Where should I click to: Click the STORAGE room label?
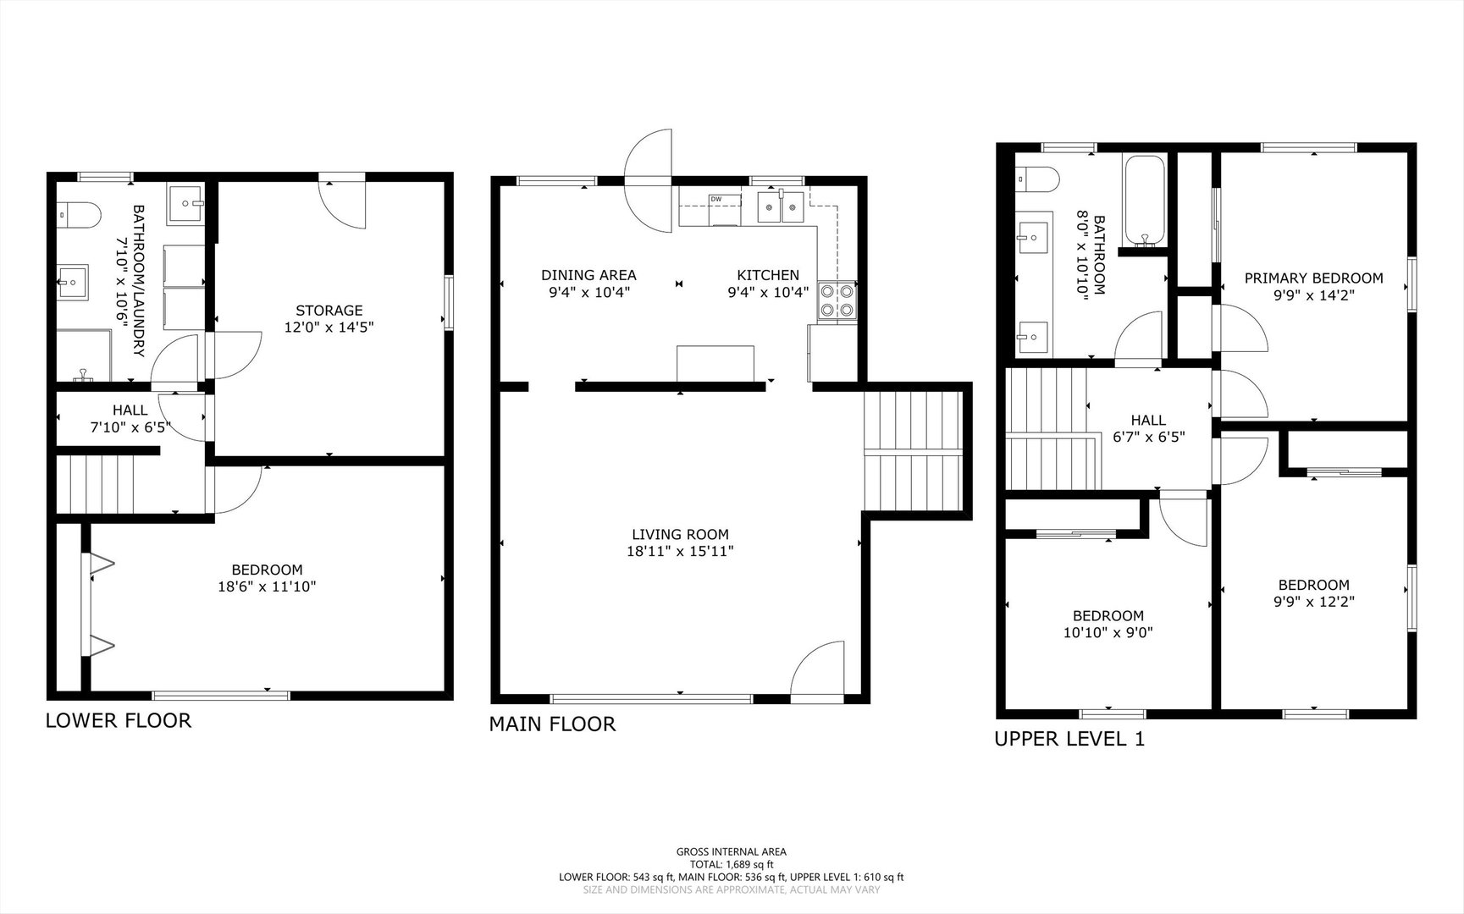(329, 311)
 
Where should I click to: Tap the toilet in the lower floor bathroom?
(79, 215)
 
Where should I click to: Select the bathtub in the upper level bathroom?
(1144, 201)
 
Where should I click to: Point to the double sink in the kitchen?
(781, 206)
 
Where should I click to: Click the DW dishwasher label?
(716, 199)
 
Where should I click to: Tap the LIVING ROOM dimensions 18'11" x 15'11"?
(679, 552)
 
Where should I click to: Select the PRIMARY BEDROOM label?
(1313, 278)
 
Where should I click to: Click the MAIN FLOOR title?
(552, 724)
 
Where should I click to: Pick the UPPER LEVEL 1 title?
(1069, 739)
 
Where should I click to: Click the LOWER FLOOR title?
(119, 720)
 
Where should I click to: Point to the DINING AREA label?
(588, 275)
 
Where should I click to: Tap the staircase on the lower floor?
(95, 484)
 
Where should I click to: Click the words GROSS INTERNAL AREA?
(731, 852)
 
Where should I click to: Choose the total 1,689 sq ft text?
(732, 865)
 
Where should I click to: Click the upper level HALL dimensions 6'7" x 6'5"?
(1148, 438)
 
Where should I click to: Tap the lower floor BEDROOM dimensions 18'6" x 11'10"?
(268, 586)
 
